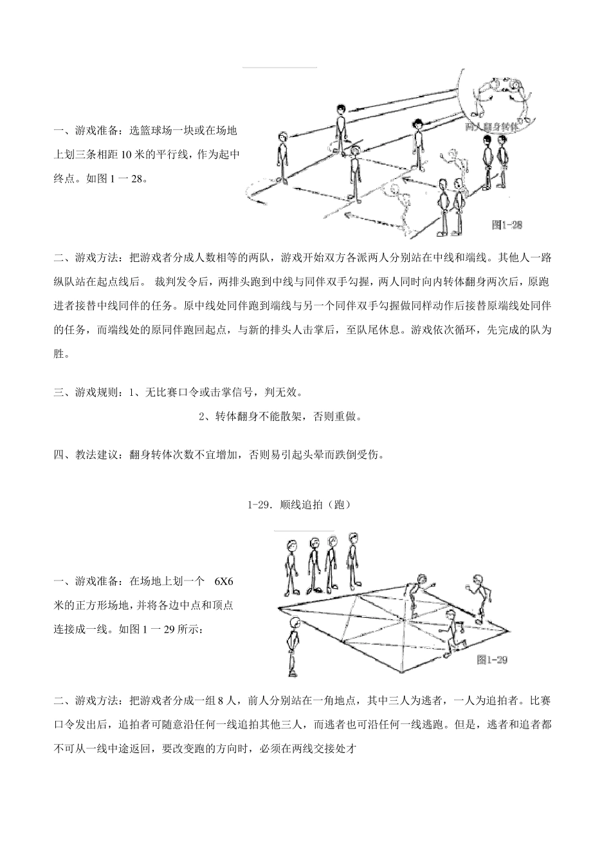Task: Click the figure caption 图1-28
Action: (x=507, y=225)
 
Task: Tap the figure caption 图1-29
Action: (x=493, y=660)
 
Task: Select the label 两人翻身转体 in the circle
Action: (x=492, y=127)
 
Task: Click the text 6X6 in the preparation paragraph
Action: (x=223, y=581)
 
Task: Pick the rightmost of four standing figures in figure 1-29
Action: (x=352, y=560)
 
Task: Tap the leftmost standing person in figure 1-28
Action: (x=282, y=158)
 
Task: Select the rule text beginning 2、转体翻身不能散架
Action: (x=280, y=417)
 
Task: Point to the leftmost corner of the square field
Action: (x=278, y=606)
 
